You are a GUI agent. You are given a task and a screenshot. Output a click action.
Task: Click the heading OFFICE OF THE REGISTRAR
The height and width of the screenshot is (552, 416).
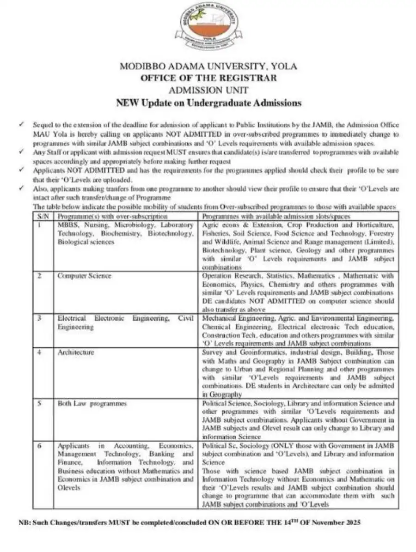208,78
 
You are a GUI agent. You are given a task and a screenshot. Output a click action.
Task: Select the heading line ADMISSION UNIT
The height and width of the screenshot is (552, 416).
208,90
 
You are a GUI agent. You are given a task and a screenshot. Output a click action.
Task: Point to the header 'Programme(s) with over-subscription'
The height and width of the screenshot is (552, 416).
112,216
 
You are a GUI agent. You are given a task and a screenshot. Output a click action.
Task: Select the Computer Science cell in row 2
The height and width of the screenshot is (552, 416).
84,276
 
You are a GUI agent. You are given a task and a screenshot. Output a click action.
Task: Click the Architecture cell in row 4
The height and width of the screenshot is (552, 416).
76,352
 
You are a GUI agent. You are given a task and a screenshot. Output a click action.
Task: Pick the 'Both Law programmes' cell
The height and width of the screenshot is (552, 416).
92,403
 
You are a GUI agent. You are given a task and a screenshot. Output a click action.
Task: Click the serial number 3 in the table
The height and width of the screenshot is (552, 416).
40,318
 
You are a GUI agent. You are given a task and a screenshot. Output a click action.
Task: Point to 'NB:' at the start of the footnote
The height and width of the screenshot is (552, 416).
24,522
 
